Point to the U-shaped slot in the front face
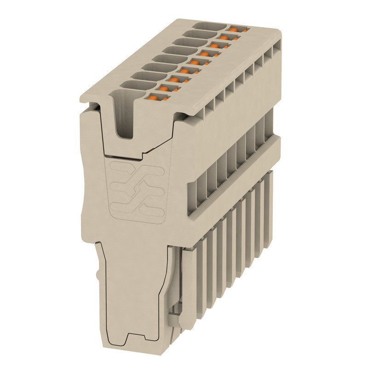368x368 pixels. pyautogui.click(x=124, y=115)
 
